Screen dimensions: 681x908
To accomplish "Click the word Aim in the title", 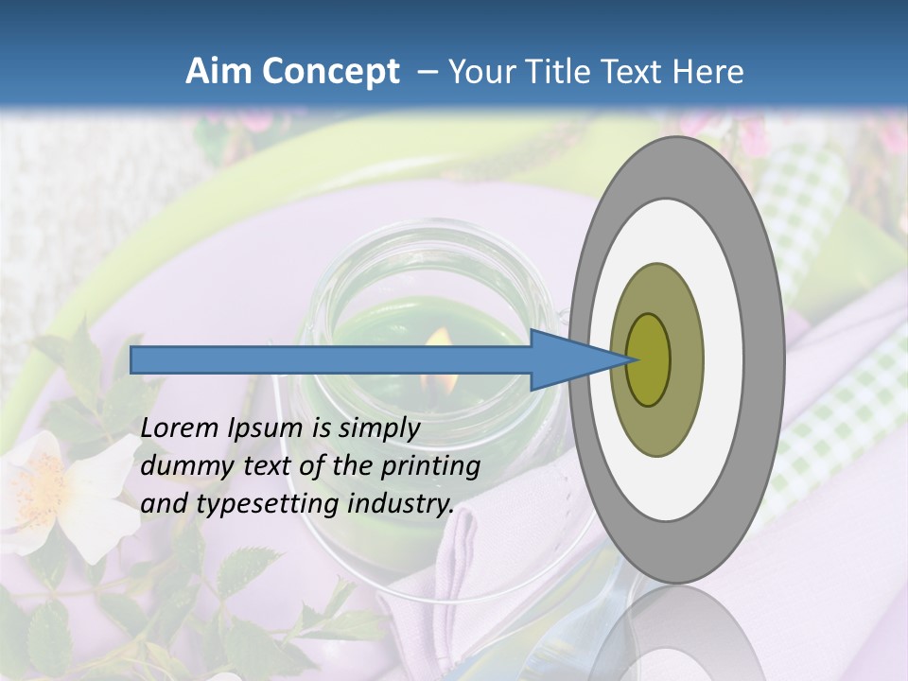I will (218, 71).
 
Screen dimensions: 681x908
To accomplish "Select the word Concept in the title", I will (331, 71).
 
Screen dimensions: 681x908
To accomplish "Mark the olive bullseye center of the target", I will (648, 359).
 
